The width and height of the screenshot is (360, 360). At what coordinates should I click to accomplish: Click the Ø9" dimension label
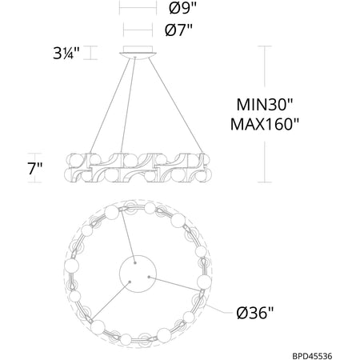(182, 8)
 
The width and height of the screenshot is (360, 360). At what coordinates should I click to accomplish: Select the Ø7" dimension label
(178, 30)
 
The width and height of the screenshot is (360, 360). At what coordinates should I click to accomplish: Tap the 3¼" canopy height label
(66, 53)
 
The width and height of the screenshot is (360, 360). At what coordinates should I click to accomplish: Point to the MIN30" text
(265, 104)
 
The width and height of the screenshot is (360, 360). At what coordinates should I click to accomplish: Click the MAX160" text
(265, 124)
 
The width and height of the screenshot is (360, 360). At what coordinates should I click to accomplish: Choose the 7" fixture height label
(35, 168)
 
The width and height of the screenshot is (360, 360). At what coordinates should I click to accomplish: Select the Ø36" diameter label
(255, 312)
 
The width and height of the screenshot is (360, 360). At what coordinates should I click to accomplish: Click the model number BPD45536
(312, 356)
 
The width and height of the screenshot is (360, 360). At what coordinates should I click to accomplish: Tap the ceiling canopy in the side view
(138, 51)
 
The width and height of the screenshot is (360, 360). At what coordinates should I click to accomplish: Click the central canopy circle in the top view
(138, 274)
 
